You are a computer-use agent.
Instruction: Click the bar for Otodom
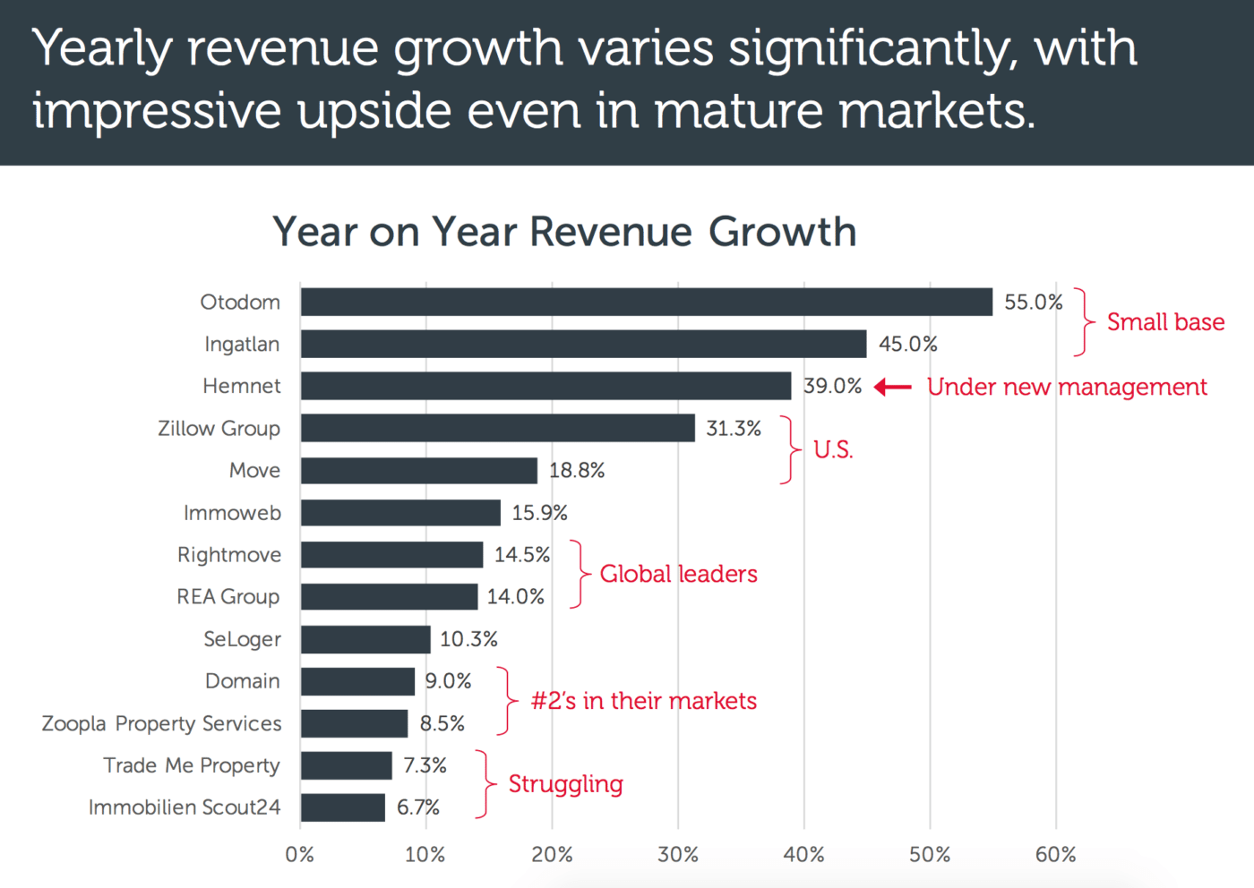(647, 302)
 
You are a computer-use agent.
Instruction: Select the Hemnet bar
(545, 386)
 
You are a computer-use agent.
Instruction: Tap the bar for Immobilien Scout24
(343, 807)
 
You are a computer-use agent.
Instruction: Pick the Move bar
(419, 470)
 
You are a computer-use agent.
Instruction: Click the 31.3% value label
(734, 429)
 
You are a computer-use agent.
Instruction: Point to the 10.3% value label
(468, 639)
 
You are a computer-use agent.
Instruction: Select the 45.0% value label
(907, 344)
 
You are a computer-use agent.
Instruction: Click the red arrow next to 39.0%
(892, 387)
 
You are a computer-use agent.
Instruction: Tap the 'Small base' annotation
(1165, 322)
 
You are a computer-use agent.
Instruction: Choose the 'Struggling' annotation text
(565, 784)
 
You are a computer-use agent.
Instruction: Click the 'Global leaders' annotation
(678, 574)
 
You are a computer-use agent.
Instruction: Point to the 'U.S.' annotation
(833, 449)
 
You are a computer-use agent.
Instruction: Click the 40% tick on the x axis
(803, 855)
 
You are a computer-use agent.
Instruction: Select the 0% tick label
(300, 855)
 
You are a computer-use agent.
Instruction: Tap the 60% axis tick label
(1055, 855)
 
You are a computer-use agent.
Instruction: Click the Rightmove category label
(229, 555)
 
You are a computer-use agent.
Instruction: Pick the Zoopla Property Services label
(161, 723)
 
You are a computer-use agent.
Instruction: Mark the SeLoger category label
(242, 639)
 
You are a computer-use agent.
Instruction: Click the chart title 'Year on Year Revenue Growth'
(564, 232)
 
